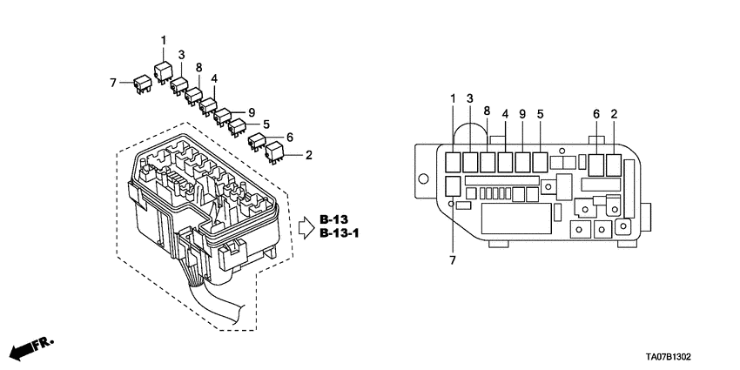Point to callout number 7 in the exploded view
[113, 82]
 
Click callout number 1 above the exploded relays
[163, 40]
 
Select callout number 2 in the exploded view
[309, 155]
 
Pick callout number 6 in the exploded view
[289, 137]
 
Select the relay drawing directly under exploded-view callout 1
[163, 69]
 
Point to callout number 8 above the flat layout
[487, 111]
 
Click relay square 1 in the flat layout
[454, 162]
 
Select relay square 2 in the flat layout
[615, 164]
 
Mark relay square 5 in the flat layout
[541, 162]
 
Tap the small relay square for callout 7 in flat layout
[453, 185]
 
